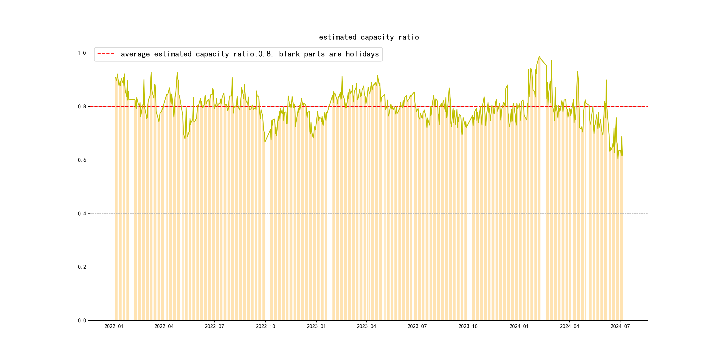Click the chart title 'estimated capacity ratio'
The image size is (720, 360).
click(369, 37)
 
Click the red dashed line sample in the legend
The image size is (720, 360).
click(106, 54)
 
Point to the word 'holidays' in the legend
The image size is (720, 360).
click(362, 54)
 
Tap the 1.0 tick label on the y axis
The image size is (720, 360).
click(82, 53)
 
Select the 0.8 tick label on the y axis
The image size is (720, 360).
click(82, 106)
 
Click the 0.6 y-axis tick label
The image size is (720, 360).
click(82, 160)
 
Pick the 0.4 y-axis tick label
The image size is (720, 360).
click(82, 214)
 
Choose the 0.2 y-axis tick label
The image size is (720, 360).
click(82, 267)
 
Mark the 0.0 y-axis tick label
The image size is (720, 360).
click(82, 321)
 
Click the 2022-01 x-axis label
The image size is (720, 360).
click(114, 326)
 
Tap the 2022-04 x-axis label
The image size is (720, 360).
click(164, 326)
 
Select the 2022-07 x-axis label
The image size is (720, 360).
click(214, 326)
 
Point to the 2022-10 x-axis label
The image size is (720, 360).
click(266, 326)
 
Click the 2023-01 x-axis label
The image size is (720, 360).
click(316, 326)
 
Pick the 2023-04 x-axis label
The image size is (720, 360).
click(366, 326)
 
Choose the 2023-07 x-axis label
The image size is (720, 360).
click(417, 326)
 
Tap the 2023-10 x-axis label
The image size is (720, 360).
click(468, 326)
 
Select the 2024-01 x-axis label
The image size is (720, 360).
click(519, 326)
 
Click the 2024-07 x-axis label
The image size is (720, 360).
click(620, 326)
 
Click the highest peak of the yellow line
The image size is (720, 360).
click(539, 56)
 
